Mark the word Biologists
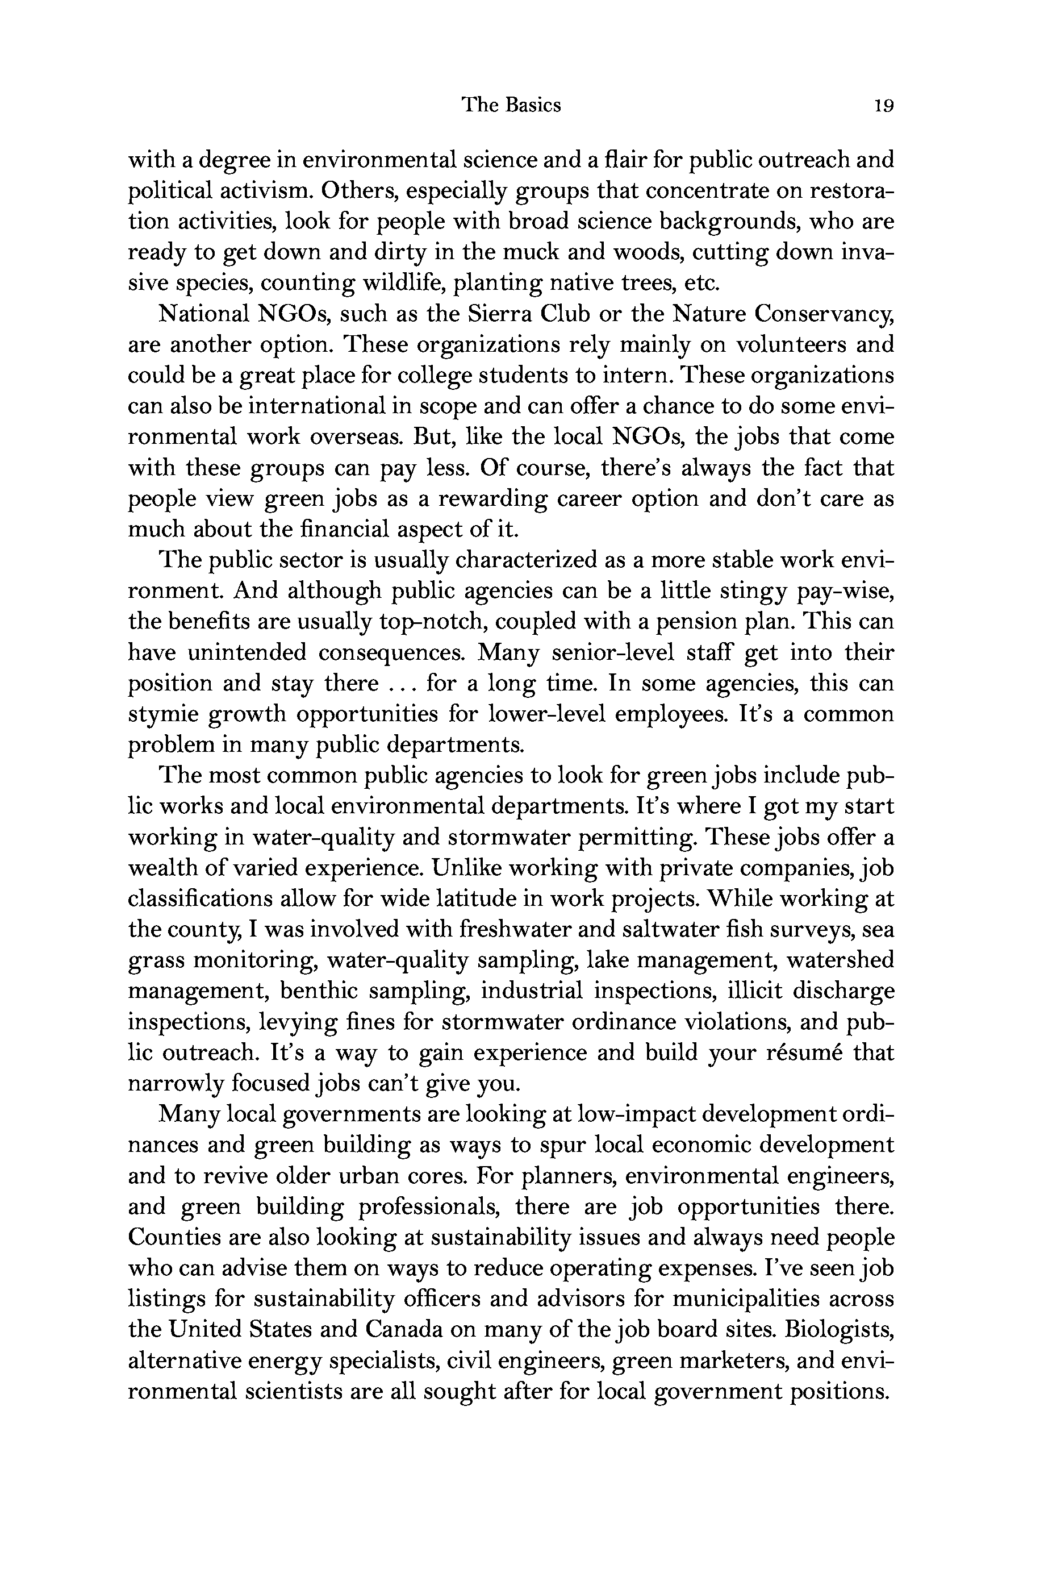click(x=839, y=1329)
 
